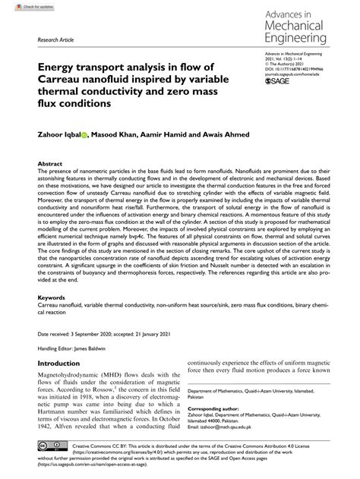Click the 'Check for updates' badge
point(21,6)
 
